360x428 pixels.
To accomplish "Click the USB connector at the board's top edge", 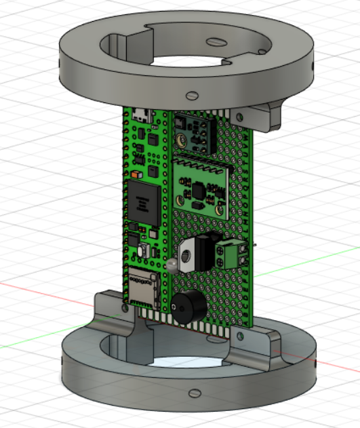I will click(142, 114).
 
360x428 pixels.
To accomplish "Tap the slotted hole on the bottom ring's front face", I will click(195, 392).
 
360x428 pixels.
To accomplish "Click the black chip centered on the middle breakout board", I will click(198, 191).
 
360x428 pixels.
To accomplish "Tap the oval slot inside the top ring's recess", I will click(215, 42).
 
